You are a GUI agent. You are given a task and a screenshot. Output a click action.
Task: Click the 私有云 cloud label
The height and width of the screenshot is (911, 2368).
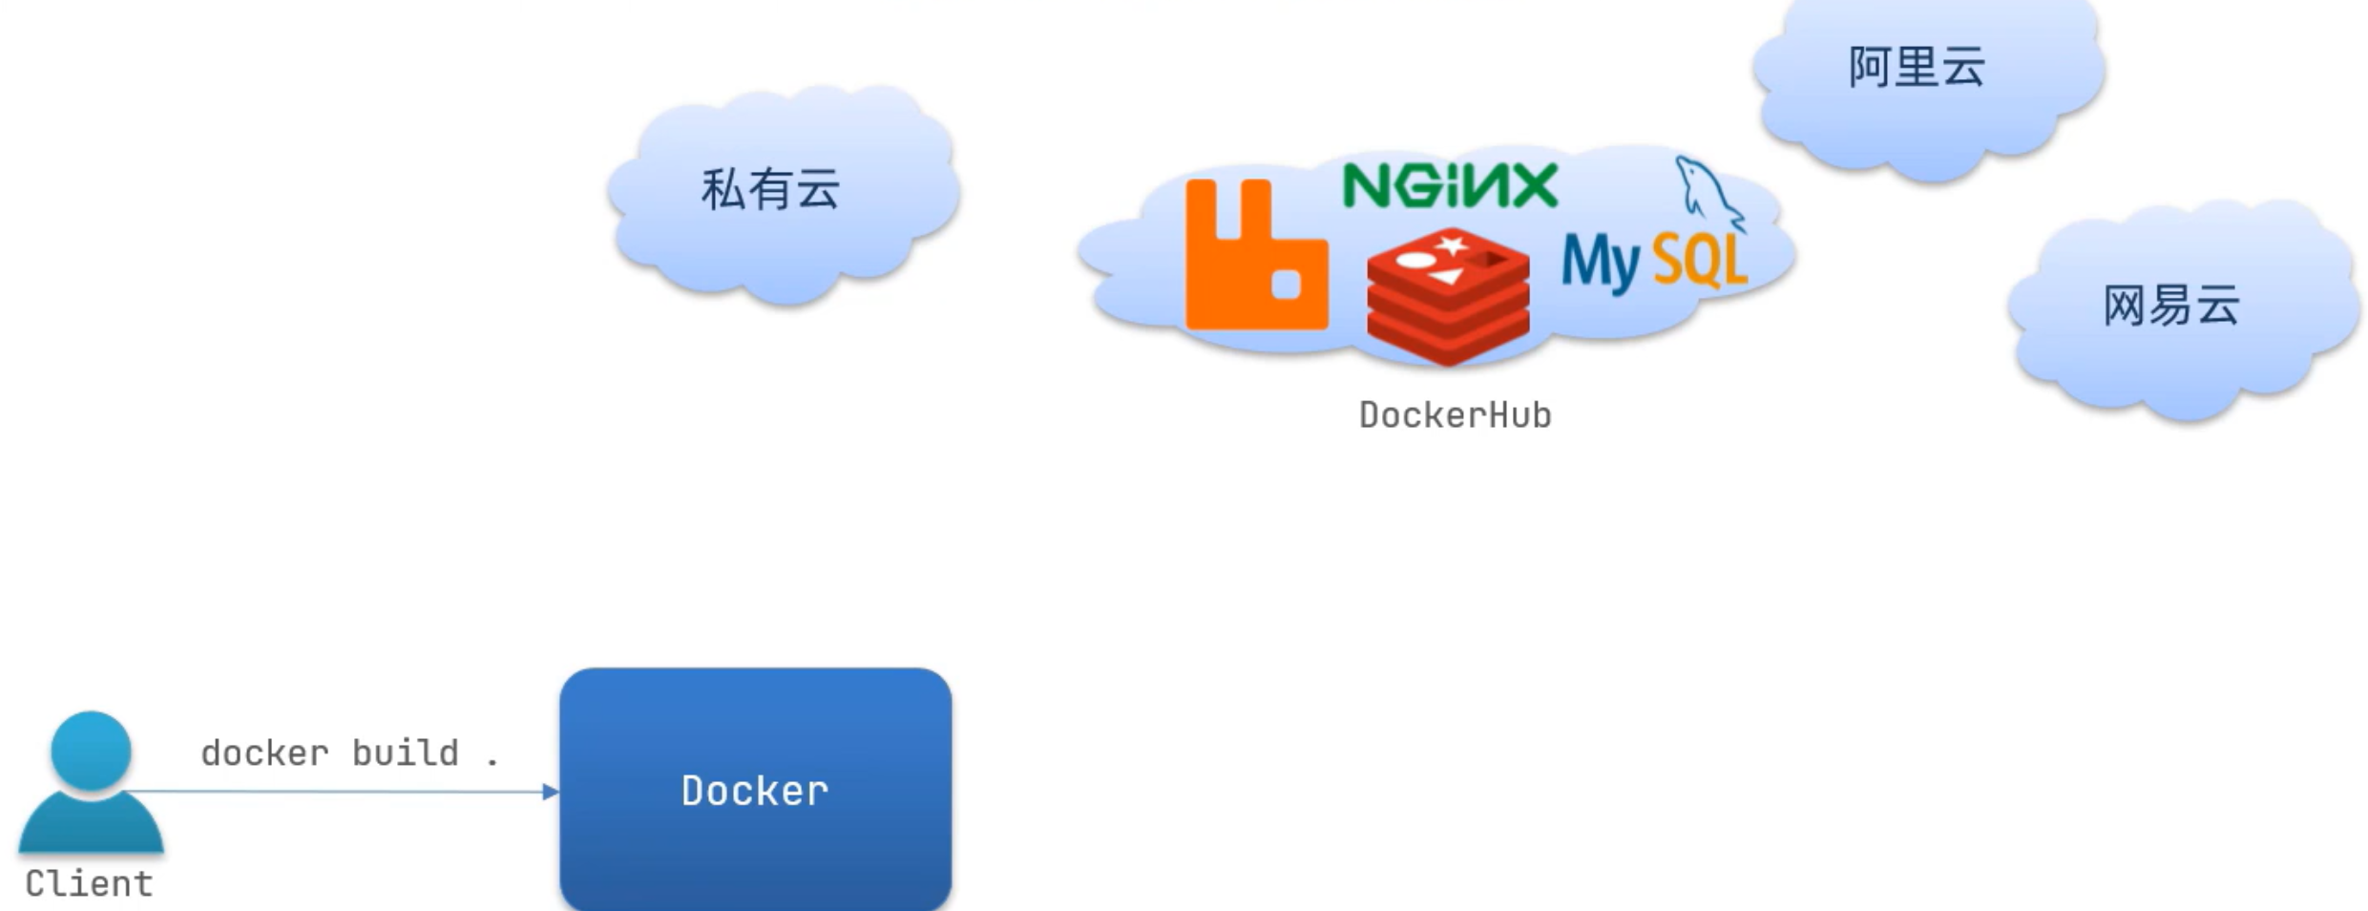point(770,189)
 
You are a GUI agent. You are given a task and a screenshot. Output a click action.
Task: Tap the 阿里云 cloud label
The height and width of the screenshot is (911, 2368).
point(1917,68)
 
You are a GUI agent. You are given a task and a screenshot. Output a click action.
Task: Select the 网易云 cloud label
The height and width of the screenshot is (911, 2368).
point(2171,307)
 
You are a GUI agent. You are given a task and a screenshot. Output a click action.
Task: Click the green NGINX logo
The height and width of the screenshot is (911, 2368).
point(1450,185)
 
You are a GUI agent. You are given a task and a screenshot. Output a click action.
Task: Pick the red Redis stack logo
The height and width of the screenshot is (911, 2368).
point(1448,296)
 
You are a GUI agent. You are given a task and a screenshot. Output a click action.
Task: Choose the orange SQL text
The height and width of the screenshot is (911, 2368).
point(1700,260)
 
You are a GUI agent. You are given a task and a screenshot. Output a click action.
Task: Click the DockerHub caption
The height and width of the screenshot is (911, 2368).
point(1455,415)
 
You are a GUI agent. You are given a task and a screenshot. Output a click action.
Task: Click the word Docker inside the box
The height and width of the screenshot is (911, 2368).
point(755,791)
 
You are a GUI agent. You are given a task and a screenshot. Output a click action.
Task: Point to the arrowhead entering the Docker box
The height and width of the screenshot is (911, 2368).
point(550,791)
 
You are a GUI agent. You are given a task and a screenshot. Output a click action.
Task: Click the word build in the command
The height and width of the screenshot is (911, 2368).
point(406,753)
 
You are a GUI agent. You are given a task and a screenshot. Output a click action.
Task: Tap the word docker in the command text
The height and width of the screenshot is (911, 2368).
point(264,753)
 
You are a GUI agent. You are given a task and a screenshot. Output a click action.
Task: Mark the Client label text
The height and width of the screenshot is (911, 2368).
point(89,884)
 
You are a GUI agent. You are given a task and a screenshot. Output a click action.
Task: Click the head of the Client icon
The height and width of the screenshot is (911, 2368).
point(91,750)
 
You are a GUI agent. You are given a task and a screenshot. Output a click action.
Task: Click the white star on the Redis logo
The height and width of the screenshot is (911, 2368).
point(1452,245)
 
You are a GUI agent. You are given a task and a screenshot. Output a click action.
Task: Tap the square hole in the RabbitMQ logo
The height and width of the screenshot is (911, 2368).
point(1287,285)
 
